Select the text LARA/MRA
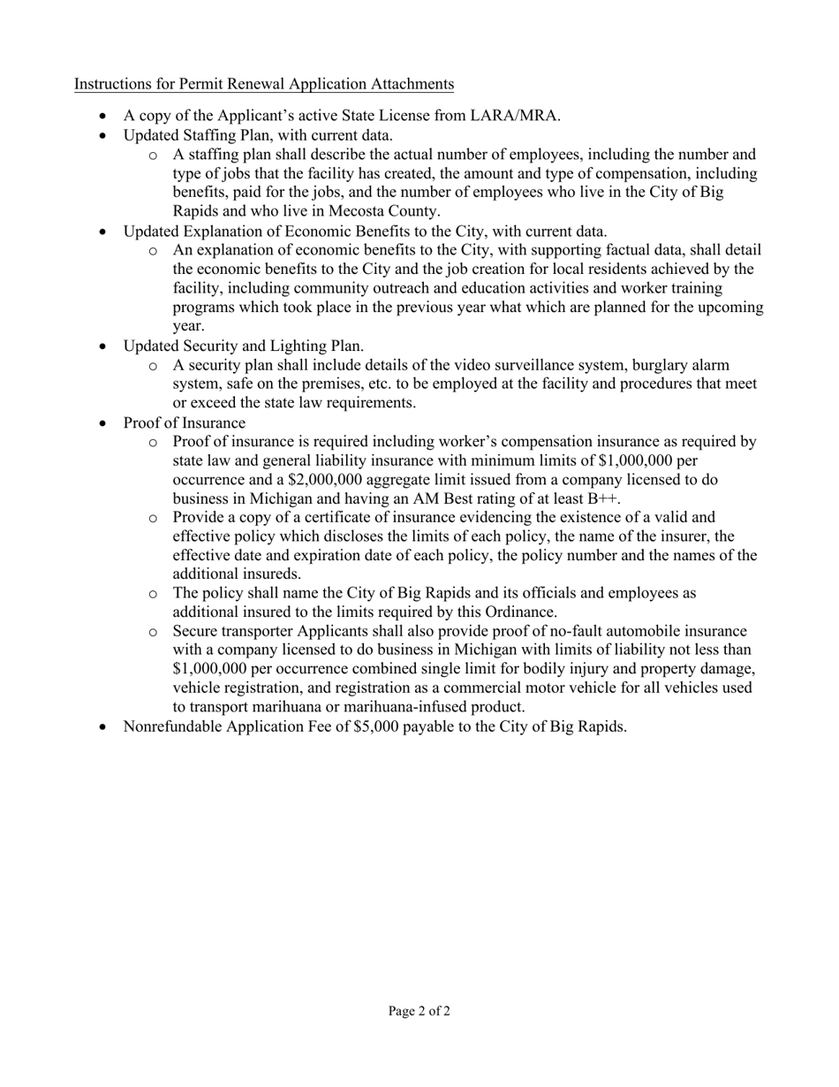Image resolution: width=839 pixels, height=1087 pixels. [520, 116]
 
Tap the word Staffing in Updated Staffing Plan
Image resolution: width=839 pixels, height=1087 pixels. [210, 135]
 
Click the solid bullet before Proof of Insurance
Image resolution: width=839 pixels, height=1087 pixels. [106, 423]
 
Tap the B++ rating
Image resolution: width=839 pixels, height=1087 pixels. [603, 498]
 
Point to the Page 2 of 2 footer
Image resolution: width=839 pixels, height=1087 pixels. [419, 1011]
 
